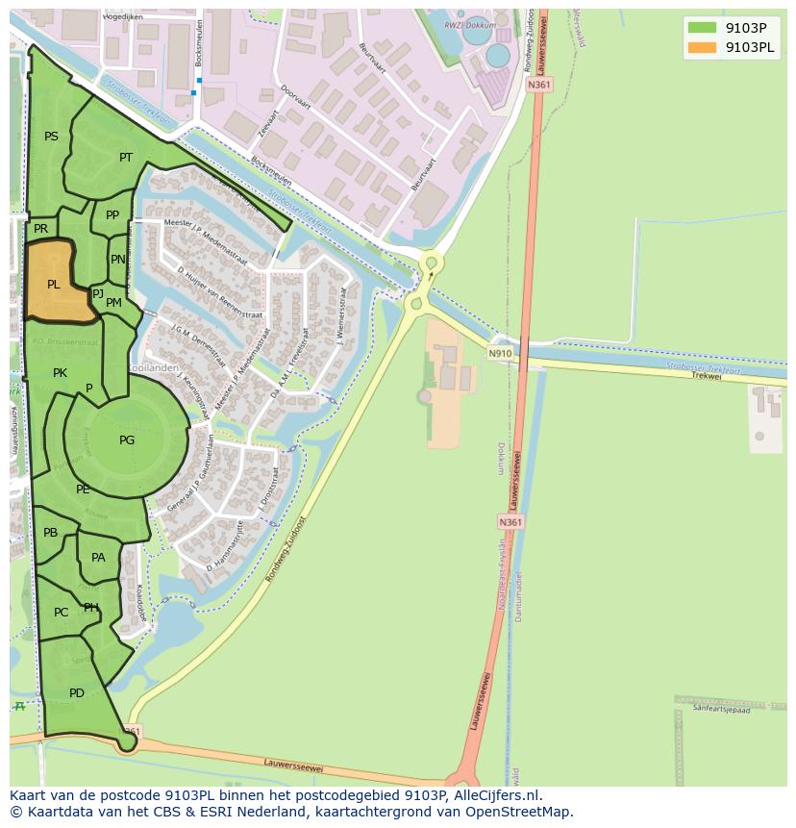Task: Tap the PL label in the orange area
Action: pyautogui.click(x=54, y=284)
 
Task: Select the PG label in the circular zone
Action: pyautogui.click(x=127, y=439)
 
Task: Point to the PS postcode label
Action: pyautogui.click(x=51, y=136)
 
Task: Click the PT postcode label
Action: pyautogui.click(x=126, y=157)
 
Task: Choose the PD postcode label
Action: pyautogui.click(x=77, y=692)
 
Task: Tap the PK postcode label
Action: pyautogui.click(x=60, y=372)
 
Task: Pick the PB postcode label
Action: pyautogui.click(x=50, y=532)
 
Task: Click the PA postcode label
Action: pyautogui.click(x=98, y=557)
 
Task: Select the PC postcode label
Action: pyautogui.click(x=61, y=612)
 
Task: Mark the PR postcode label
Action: pyautogui.click(x=40, y=229)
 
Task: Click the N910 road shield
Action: pyautogui.click(x=499, y=353)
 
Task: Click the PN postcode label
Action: pyautogui.click(x=117, y=259)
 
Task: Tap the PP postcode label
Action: pyautogui.click(x=112, y=215)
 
